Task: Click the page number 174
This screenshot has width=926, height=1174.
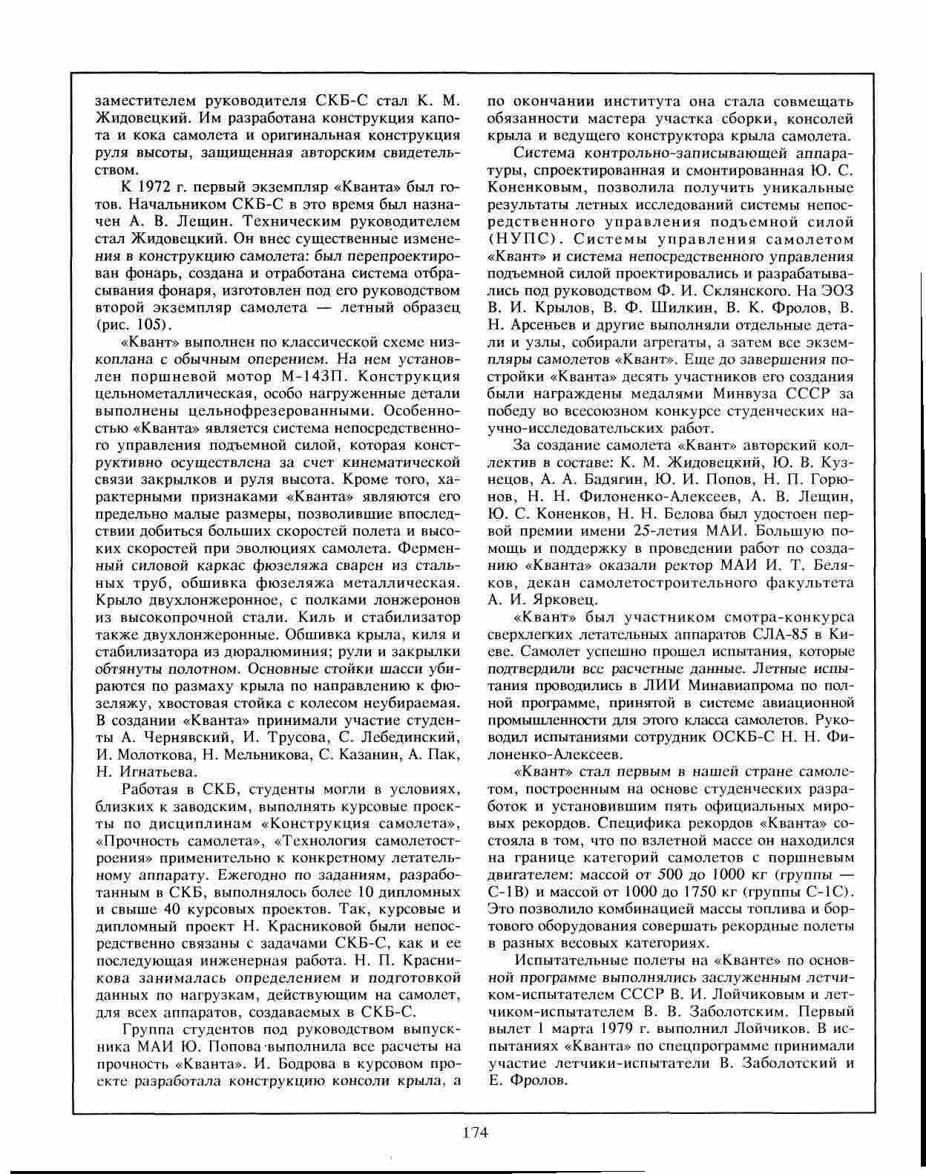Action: click(x=475, y=1132)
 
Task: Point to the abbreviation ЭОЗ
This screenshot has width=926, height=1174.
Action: click(x=837, y=290)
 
